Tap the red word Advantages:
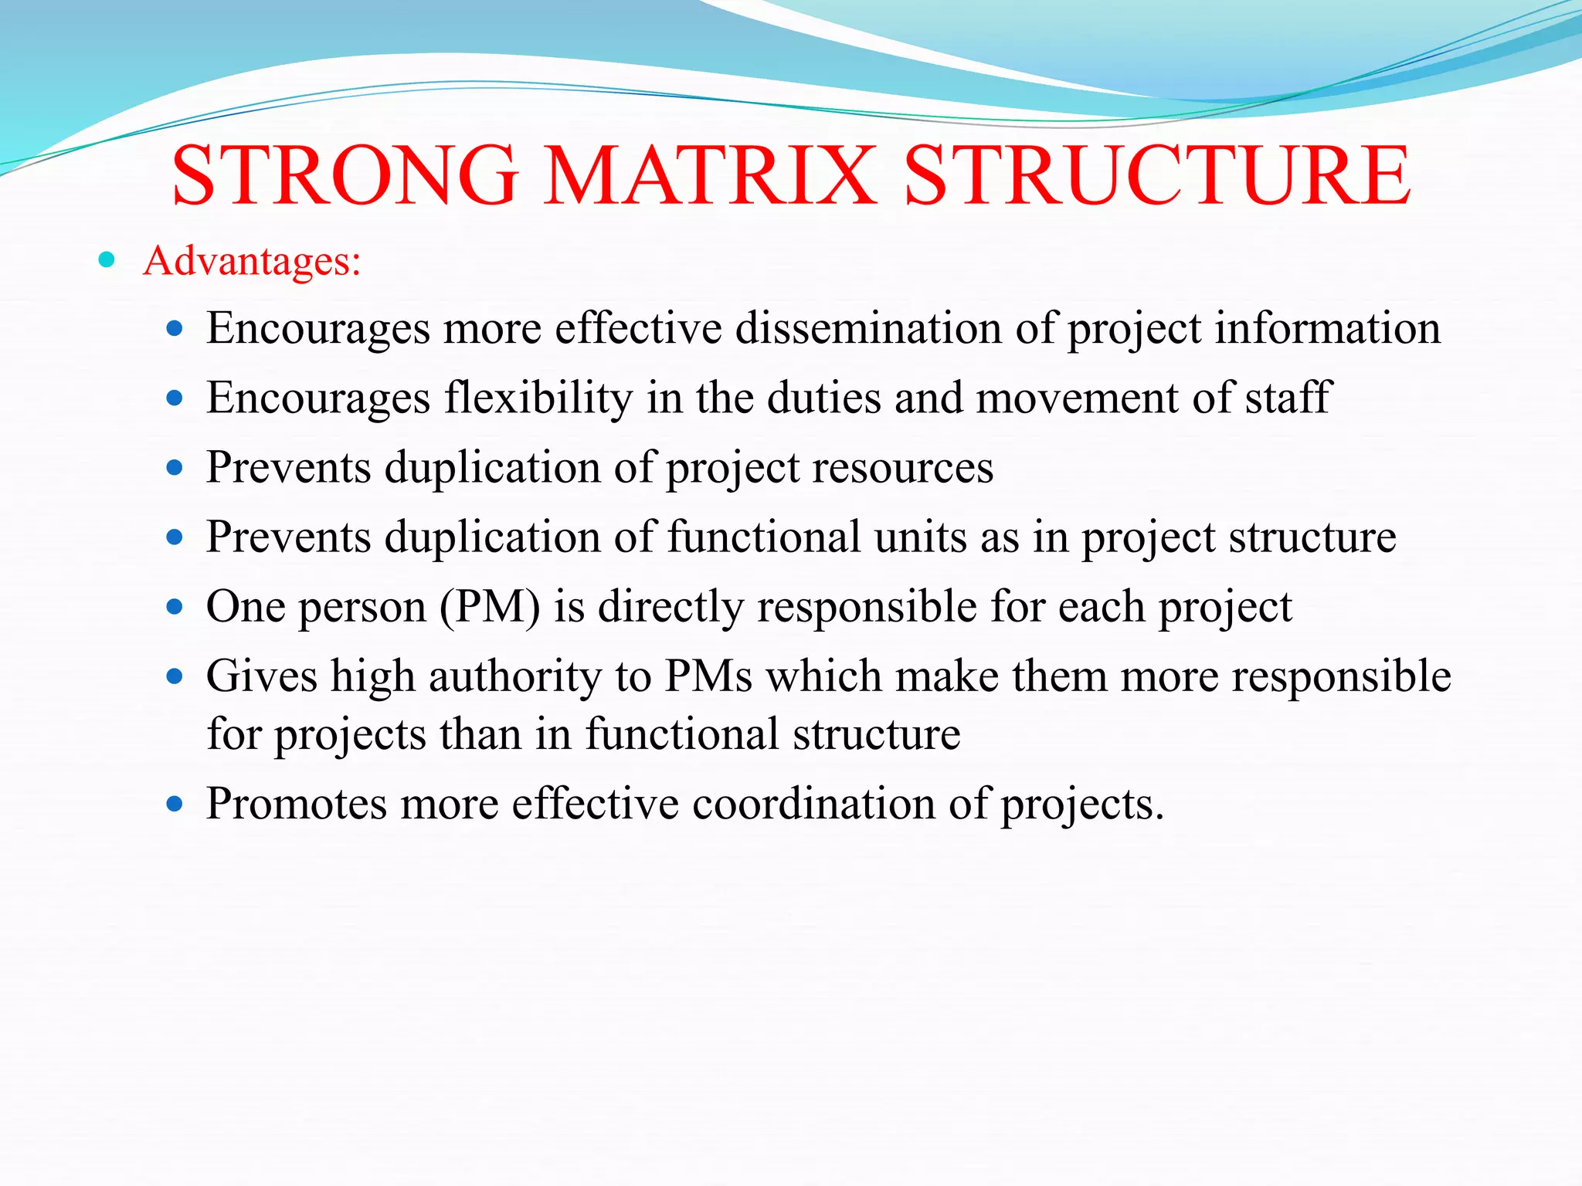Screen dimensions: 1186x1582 (x=252, y=261)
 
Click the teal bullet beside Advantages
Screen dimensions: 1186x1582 (x=107, y=260)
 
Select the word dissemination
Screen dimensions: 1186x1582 (x=868, y=328)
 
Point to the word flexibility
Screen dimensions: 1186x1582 (x=538, y=398)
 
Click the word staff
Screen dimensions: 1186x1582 (x=1288, y=398)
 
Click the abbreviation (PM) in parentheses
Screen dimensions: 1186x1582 (x=490, y=607)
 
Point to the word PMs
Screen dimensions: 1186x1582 (x=708, y=676)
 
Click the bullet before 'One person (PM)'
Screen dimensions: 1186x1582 (x=175, y=607)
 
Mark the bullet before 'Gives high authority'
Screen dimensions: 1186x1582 (x=175, y=677)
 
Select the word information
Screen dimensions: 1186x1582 (x=1327, y=328)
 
